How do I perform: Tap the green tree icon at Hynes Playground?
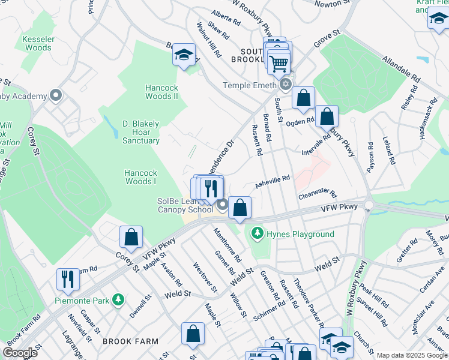(x=258, y=232)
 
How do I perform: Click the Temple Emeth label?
(x=250, y=86)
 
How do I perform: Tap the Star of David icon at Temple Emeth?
(x=285, y=85)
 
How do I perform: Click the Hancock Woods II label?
(x=161, y=92)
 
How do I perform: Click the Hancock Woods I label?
(x=140, y=177)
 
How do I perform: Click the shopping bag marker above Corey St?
(x=131, y=237)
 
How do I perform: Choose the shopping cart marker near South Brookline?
(x=279, y=62)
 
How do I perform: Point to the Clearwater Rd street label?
(x=318, y=196)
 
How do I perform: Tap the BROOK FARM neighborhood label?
(x=130, y=341)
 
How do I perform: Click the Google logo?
(x=20, y=353)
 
